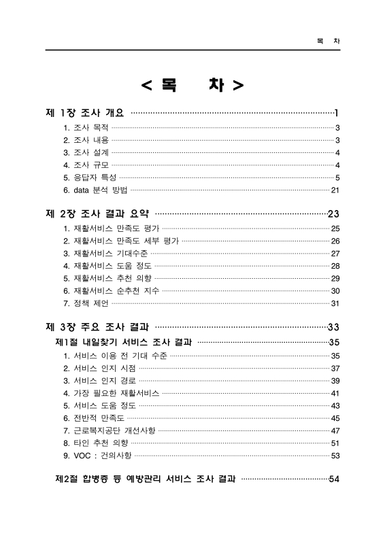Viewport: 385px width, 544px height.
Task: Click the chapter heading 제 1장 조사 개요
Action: [84, 112]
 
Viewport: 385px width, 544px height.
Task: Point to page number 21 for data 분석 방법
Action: [335, 190]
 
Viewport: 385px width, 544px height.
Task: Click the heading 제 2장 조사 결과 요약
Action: [101, 214]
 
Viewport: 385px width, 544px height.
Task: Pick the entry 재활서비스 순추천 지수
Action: [112, 290]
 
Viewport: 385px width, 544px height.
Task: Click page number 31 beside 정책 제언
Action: [335, 303]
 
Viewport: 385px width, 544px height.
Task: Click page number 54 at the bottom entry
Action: [334, 479]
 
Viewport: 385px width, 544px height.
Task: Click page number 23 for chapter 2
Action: [333, 214]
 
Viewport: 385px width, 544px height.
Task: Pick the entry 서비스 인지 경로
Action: [99, 381]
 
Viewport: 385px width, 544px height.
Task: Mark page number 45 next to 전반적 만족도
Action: [335, 418]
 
